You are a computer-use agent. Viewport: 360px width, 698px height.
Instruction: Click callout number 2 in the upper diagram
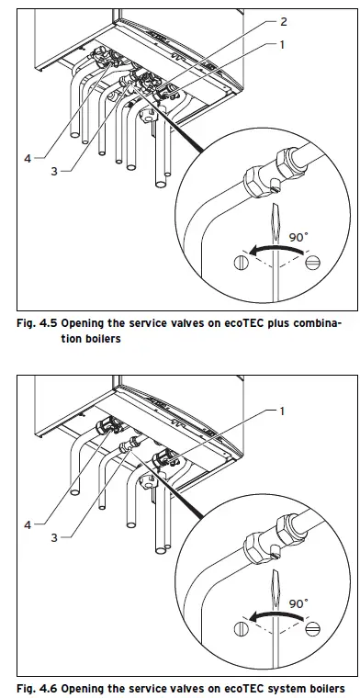[x=283, y=21]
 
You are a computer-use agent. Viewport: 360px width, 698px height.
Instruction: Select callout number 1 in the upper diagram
[x=283, y=43]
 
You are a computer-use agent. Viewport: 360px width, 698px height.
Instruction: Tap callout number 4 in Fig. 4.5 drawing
[x=28, y=158]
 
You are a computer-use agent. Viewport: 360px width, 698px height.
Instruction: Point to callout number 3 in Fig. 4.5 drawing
[x=53, y=171]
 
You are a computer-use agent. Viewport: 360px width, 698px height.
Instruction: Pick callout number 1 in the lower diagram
[x=283, y=410]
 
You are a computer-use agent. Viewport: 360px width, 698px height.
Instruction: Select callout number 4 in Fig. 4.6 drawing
[x=28, y=524]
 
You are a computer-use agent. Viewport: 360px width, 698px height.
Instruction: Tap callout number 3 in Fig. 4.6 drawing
[x=53, y=537]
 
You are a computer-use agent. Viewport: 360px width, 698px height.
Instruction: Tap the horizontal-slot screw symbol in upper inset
[x=312, y=263]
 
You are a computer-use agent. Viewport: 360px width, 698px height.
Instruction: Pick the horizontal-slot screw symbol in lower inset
[x=312, y=629]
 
